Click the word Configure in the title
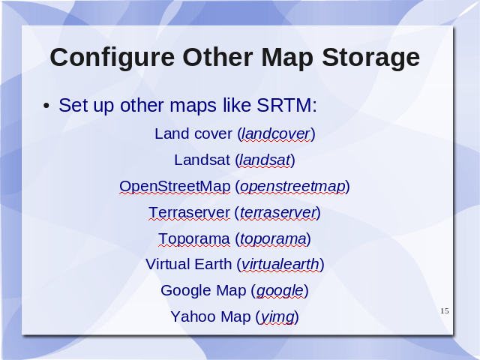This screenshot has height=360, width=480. (112, 58)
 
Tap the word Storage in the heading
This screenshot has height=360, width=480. (370, 58)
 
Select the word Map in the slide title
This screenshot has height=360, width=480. (287, 58)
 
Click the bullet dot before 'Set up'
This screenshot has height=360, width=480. (46, 106)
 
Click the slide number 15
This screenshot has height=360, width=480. (445, 311)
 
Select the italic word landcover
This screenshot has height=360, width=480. (276, 133)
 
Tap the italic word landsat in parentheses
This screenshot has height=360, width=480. (265, 160)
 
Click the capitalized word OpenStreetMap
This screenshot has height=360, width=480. (175, 187)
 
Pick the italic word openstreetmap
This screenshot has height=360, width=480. (292, 187)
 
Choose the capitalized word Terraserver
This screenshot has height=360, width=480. (189, 212)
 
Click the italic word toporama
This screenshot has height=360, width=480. (273, 239)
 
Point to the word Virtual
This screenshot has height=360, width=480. (167, 264)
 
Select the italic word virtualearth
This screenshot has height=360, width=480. (280, 264)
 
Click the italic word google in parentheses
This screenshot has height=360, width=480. (280, 291)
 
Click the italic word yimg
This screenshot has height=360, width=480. (277, 317)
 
